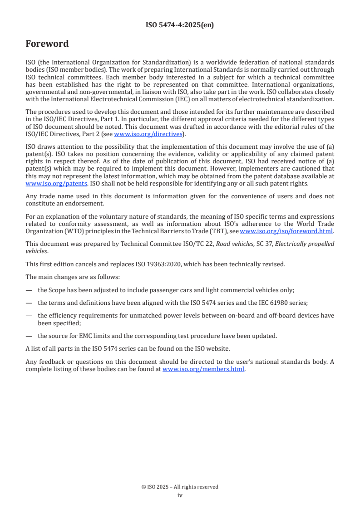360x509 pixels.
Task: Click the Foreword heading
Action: click(47, 44)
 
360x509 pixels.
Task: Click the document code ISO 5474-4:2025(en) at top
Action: click(180, 25)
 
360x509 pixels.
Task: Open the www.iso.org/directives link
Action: click(148, 134)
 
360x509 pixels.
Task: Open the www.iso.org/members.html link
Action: click(203, 369)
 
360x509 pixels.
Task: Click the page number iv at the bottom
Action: click(180, 495)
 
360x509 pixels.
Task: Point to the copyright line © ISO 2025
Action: click(180, 487)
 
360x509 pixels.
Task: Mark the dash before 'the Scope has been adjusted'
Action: click(29, 290)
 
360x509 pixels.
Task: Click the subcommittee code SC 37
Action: click(265, 244)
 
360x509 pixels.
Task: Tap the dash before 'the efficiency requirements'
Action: click(29, 315)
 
